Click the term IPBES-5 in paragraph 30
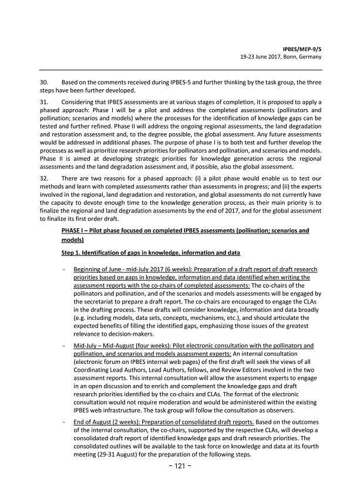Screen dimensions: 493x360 [166, 83]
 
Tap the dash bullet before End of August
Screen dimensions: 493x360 [63, 421]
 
